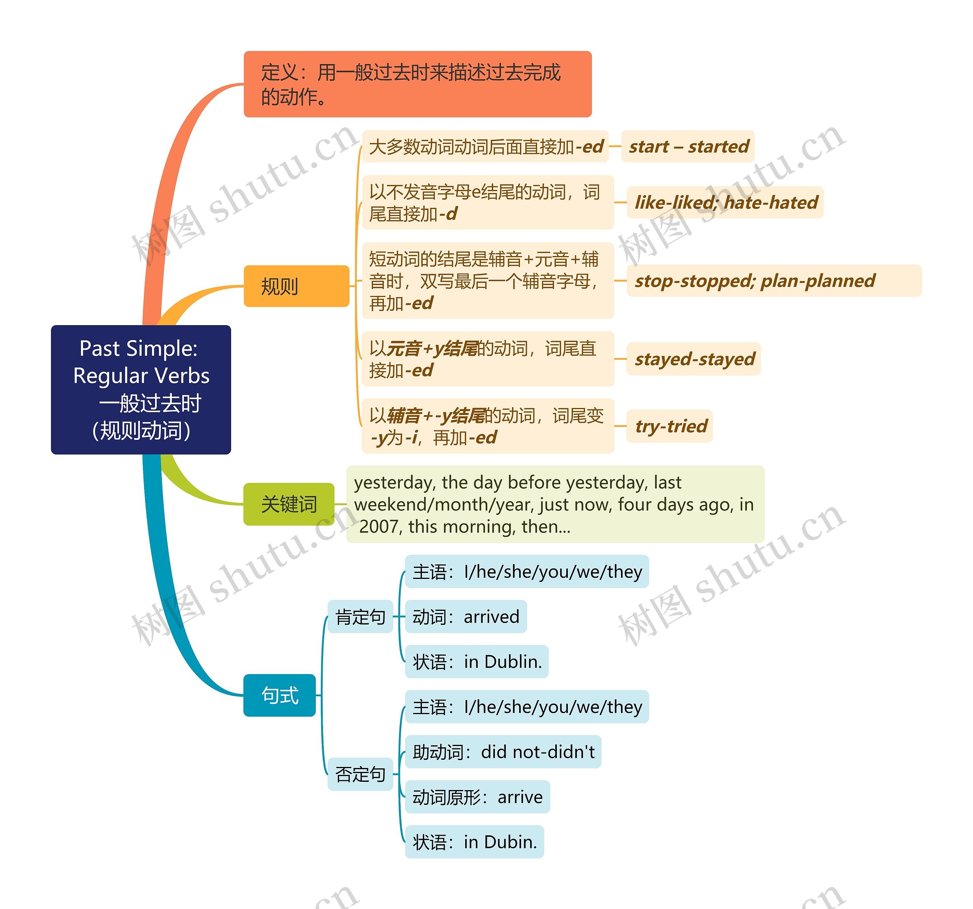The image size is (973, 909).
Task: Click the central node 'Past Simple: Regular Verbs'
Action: tap(141, 389)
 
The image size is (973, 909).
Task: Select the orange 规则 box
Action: tap(296, 286)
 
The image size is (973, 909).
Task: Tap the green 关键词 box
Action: tap(289, 504)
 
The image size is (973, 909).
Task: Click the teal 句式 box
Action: tap(279, 695)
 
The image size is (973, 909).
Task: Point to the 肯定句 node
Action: tap(360, 617)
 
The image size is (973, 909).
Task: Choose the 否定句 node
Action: tap(360, 774)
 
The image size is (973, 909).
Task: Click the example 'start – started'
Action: tap(688, 146)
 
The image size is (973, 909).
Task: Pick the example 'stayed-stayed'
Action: tap(694, 359)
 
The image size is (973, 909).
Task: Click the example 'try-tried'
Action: tap(670, 426)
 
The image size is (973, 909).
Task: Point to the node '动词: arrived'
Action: tap(466, 617)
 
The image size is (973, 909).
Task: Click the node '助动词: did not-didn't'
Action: tap(503, 751)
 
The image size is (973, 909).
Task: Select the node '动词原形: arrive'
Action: tap(478, 797)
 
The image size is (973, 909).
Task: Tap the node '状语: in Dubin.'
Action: tap(475, 841)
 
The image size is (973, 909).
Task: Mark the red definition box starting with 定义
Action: tap(417, 84)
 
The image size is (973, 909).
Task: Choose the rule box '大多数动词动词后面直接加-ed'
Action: tap(485, 146)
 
